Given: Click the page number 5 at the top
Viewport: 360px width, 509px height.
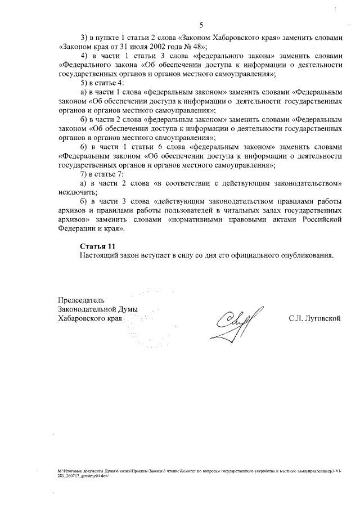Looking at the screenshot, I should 201,24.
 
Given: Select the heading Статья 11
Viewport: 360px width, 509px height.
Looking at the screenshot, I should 98,246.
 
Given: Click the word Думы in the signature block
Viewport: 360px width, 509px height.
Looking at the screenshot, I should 128,309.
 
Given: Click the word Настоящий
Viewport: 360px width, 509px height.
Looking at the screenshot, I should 99,255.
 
